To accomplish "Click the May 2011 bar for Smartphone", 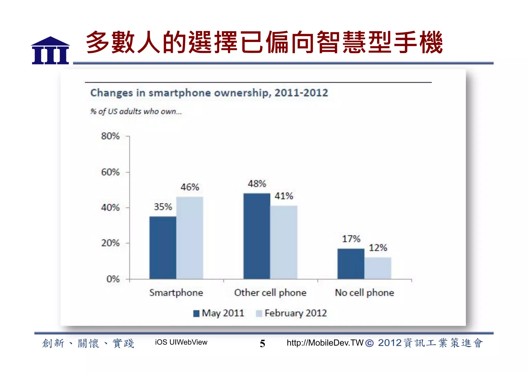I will click(163, 247).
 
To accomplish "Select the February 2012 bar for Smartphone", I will click(189, 238).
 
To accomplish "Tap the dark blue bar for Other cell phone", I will click(257, 236).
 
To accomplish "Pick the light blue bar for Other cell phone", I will click(284, 242).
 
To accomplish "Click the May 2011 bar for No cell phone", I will click(351, 264).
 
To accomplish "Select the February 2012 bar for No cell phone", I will click(378, 268).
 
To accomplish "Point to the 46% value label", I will click(190, 187).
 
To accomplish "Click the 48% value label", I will click(257, 184).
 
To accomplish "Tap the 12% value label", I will click(378, 248).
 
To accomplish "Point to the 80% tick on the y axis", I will click(110, 136).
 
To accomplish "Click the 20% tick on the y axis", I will click(110, 243).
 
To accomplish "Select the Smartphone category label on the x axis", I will click(176, 293).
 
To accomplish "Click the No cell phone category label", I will click(364, 293).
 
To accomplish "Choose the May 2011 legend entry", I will click(219, 313).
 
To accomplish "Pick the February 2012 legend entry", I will click(291, 313).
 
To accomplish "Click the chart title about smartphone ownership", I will click(209, 93).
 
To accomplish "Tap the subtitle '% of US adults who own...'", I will click(136, 111).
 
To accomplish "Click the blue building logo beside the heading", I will click(50, 51).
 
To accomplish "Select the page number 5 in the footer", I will click(262, 343).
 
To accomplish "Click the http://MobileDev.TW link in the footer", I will click(325, 343).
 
